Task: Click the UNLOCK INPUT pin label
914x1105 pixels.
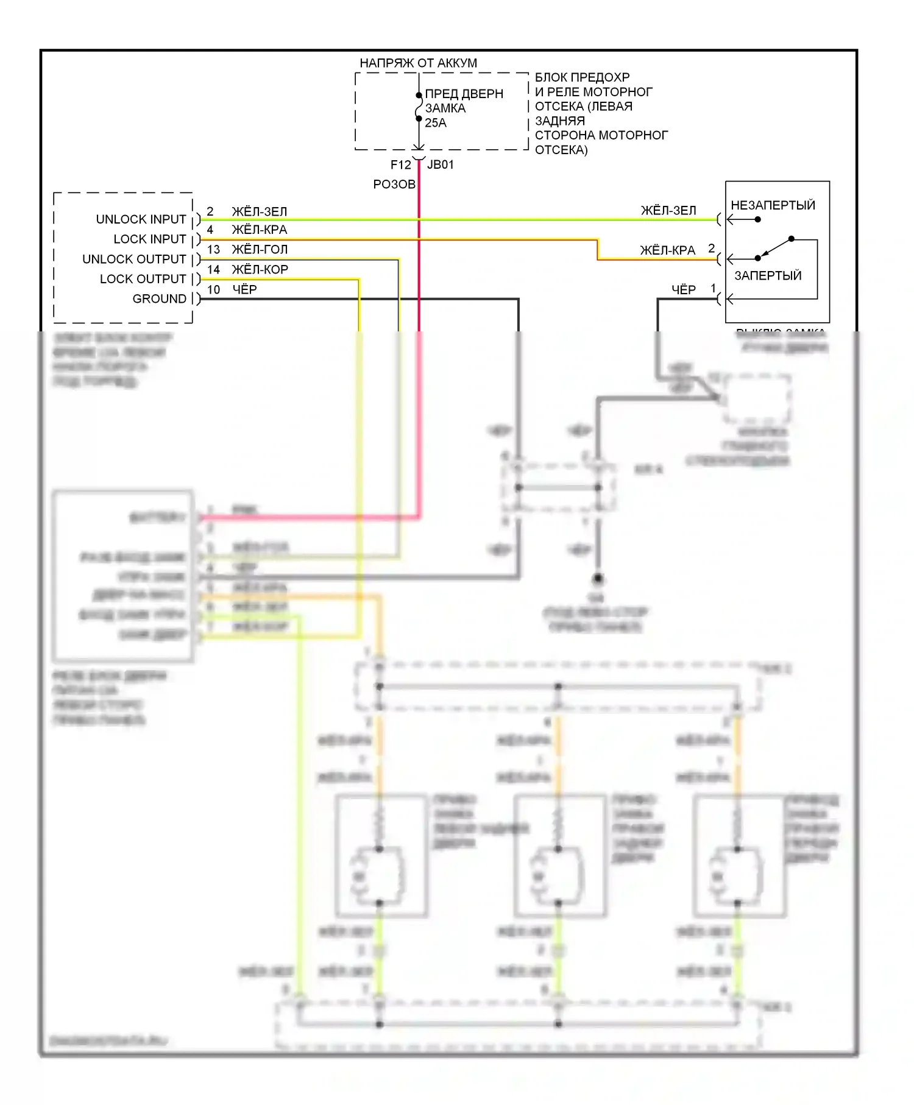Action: (x=141, y=219)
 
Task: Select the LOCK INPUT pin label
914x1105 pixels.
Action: (x=149, y=239)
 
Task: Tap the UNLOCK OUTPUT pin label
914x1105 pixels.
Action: (x=134, y=259)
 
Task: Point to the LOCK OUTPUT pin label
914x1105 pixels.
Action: (x=143, y=279)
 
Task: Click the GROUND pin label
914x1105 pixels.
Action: (x=159, y=299)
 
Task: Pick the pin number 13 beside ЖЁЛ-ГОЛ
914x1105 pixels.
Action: (x=213, y=250)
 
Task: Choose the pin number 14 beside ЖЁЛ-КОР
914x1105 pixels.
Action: (x=213, y=270)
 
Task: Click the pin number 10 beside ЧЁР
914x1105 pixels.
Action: (x=213, y=290)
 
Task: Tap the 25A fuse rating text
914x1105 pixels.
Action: (x=436, y=123)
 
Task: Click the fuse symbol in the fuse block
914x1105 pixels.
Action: (x=419, y=109)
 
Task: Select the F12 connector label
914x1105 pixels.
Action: (x=400, y=165)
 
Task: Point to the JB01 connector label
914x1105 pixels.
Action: (x=441, y=165)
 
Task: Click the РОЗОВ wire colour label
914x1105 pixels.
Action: (x=394, y=185)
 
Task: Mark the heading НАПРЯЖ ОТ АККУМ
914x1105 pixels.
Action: (x=418, y=63)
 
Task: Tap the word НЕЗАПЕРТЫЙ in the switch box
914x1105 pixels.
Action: (x=773, y=205)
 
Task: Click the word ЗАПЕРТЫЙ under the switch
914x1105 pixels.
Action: (x=768, y=276)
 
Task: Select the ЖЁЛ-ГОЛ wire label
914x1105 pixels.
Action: (x=260, y=250)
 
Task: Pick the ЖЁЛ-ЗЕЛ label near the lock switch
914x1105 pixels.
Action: (x=668, y=211)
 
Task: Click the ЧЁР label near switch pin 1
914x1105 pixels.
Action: (x=684, y=290)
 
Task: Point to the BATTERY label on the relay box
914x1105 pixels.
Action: (x=157, y=518)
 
